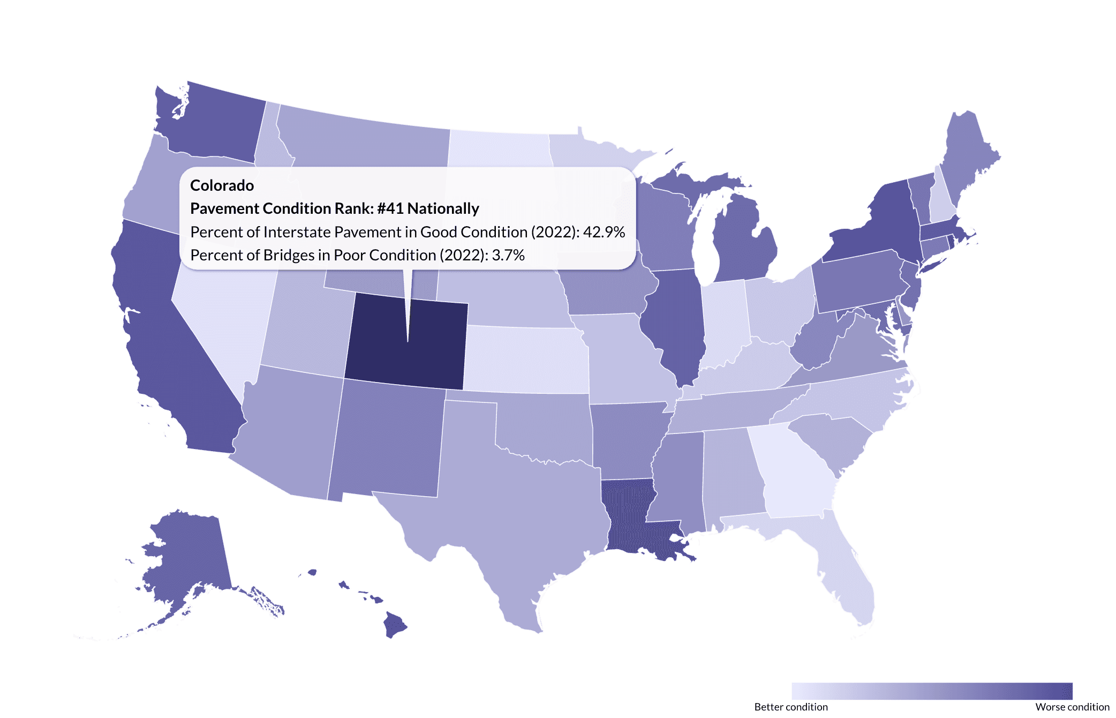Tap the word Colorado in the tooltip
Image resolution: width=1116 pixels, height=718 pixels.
click(x=222, y=185)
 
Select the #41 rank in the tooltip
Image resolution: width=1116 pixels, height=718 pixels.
click(x=389, y=208)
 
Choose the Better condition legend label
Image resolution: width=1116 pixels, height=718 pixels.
click(x=790, y=707)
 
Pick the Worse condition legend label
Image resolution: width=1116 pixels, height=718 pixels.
click(x=1072, y=707)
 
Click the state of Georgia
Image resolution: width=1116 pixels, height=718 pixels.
click(x=793, y=472)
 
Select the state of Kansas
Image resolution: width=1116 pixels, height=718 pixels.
click(x=525, y=359)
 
